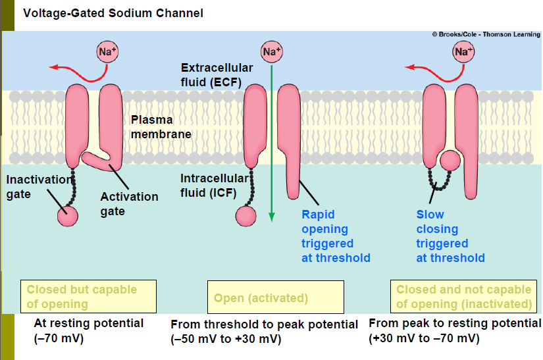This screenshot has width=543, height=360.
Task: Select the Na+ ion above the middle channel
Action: (x=271, y=51)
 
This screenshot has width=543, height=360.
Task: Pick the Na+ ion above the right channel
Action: (x=463, y=51)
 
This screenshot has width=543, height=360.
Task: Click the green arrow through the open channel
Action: (x=271, y=145)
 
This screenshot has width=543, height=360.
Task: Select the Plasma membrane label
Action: (x=161, y=127)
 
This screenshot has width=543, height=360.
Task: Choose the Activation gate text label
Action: (x=129, y=203)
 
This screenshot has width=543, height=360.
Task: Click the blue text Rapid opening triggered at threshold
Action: (x=336, y=236)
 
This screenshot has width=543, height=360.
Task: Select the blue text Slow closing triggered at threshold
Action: (x=450, y=236)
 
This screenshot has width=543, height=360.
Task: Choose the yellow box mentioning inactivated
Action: (x=464, y=296)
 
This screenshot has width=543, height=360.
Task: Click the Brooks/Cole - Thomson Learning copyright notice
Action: (x=485, y=34)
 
